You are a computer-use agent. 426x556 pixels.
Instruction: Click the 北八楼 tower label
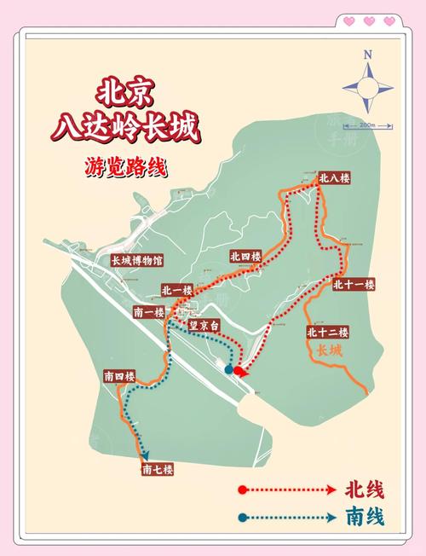pos(334,179)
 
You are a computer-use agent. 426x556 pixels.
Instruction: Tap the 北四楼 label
pos(245,256)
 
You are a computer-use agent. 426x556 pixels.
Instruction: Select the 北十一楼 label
pos(354,285)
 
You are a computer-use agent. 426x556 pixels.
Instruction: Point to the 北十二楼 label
pos(327,332)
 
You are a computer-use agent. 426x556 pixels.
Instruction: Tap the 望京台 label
pos(204,325)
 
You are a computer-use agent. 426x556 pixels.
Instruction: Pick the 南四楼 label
pos(119,376)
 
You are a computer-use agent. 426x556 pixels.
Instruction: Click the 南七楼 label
pos(158,469)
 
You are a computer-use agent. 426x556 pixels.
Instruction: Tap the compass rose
pos(368,88)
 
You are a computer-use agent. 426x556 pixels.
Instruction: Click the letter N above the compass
pos(368,55)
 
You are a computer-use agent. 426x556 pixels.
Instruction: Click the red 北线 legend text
pos(364,490)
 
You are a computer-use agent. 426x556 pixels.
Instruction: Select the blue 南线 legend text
pos(364,517)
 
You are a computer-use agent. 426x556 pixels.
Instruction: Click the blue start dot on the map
pos(229,370)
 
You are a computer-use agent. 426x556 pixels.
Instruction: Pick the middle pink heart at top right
pos(369,20)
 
